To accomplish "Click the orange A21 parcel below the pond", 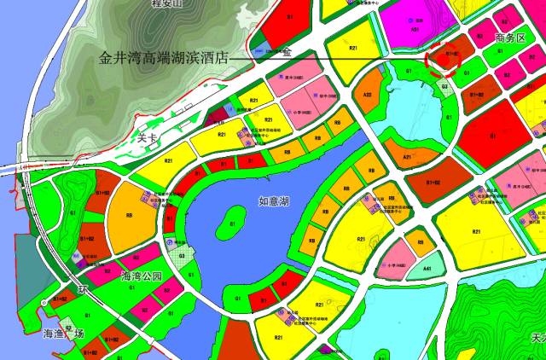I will click(x=408, y=158).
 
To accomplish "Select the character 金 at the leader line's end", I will click(x=287, y=54).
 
